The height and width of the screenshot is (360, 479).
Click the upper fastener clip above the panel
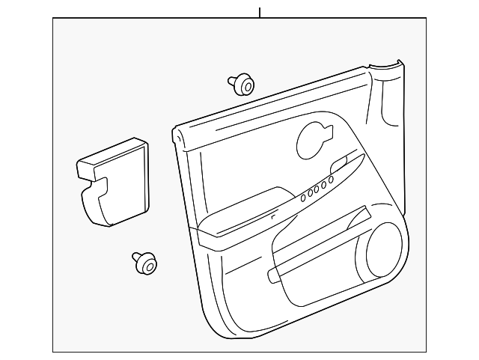pos(240,85)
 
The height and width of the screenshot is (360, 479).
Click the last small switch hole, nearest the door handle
pos(331,180)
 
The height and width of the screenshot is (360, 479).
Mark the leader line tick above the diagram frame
pos(260,13)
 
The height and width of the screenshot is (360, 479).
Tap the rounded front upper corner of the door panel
pos(178,135)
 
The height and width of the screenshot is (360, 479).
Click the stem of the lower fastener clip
pos(137,257)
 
